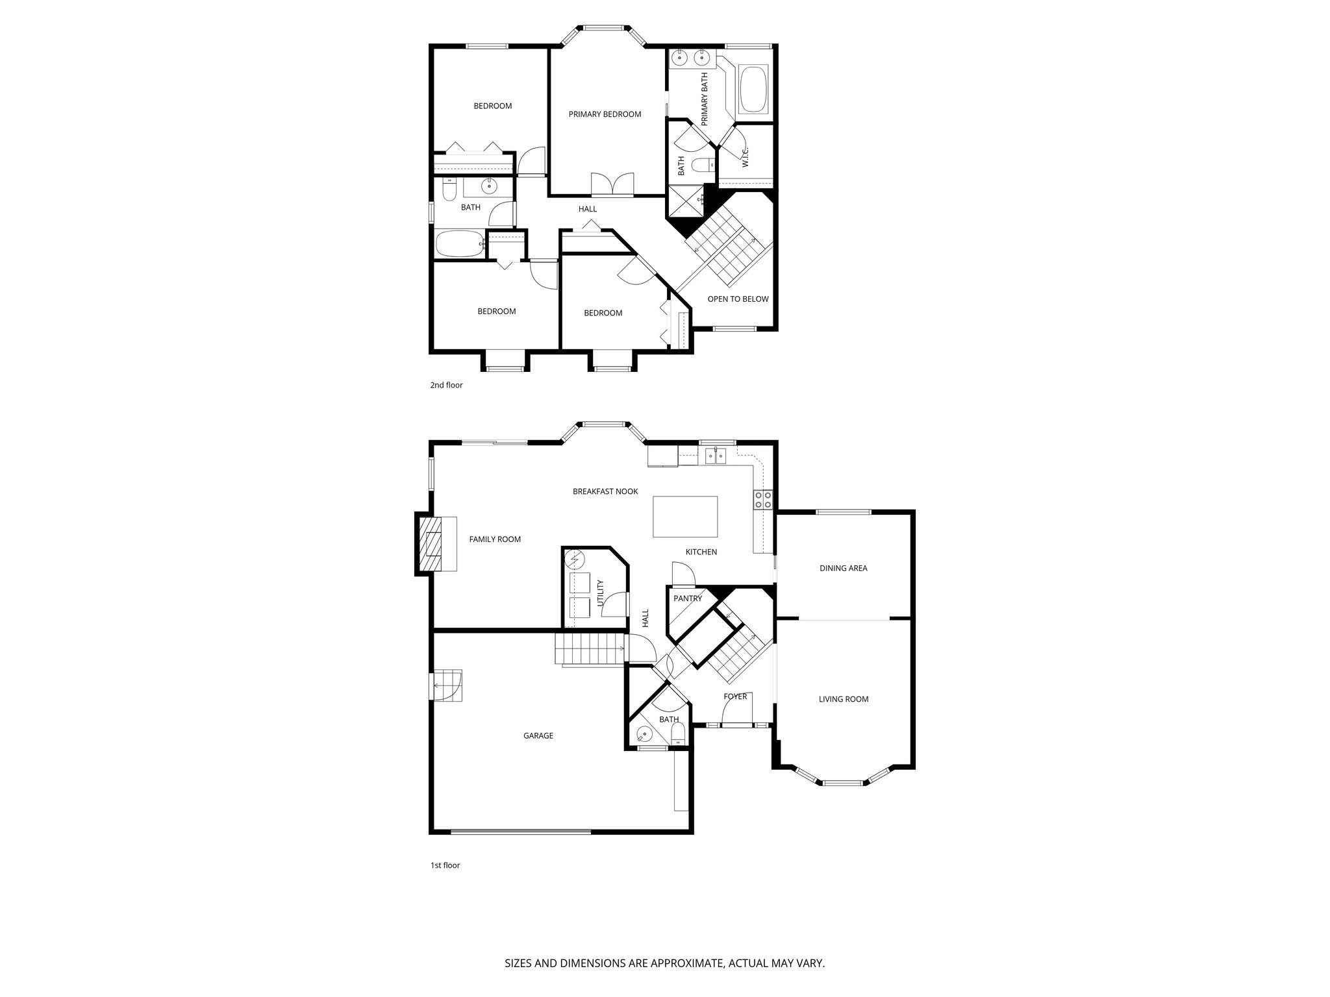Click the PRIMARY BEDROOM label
605,114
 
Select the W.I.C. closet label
746,156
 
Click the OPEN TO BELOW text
738,299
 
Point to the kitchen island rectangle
685,517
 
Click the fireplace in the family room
430,543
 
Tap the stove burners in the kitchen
762,499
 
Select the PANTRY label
688,598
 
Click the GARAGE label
538,735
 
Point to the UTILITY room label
600,593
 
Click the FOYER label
735,696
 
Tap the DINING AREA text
843,568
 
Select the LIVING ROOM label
843,699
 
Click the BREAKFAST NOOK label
605,491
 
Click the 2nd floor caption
446,385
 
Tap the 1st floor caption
445,865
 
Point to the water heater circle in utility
575,558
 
